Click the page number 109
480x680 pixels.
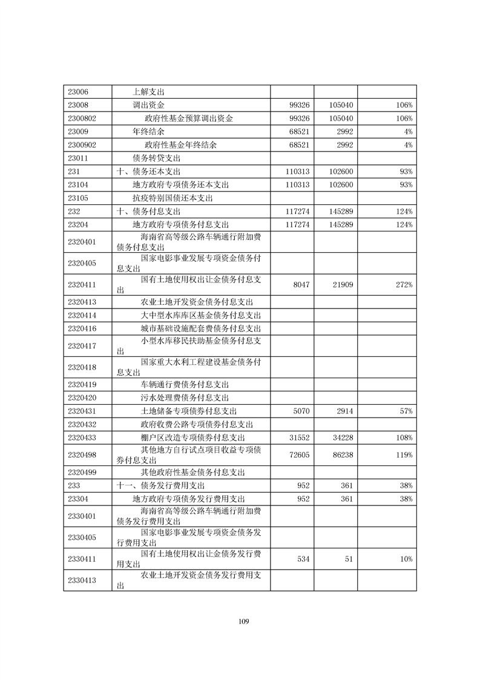[244, 621]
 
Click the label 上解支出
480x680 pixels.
[149, 92]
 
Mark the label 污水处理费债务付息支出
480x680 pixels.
[184, 398]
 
